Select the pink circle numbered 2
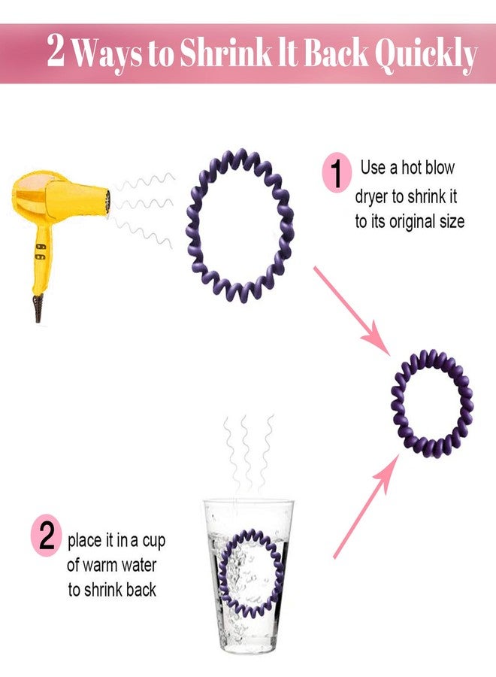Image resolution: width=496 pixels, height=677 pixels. [46, 535]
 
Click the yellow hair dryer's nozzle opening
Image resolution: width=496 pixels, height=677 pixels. [107, 202]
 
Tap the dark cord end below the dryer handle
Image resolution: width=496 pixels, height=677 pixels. [38, 308]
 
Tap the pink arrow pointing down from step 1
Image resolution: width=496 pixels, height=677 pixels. [352, 311]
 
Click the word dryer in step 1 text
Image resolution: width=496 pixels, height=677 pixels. [371, 197]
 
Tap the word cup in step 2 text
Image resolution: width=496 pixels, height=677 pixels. [154, 542]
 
